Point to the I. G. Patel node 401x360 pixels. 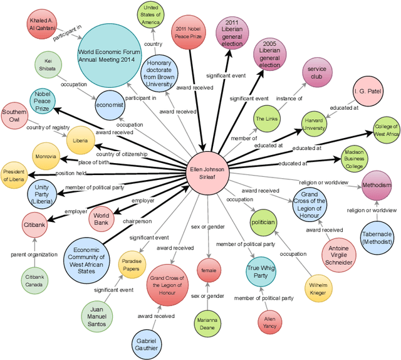click(x=368, y=92)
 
